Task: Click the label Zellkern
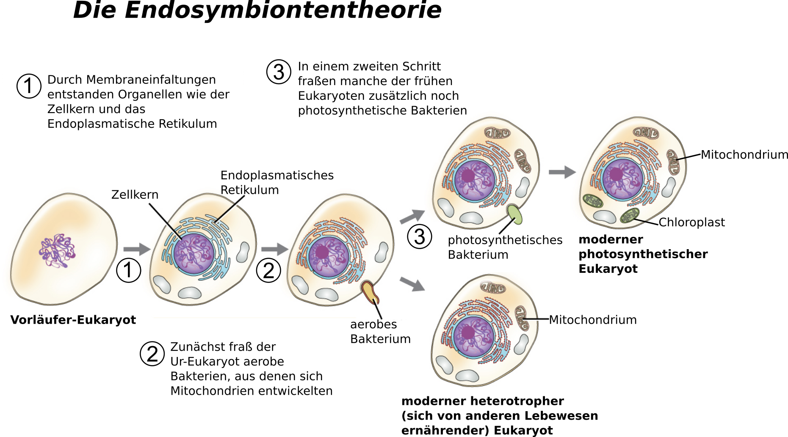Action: (135, 195)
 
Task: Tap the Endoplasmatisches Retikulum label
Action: (277, 182)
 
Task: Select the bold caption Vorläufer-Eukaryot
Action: (73, 320)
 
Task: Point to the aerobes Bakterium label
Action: (380, 331)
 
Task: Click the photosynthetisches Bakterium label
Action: (505, 247)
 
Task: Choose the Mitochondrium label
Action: (592, 320)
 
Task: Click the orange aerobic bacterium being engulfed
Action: (370, 292)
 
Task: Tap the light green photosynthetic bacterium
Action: (514, 214)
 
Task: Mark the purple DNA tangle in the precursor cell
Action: (57, 251)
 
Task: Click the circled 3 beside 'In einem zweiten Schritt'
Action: (279, 72)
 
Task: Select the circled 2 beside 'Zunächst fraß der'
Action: (152, 354)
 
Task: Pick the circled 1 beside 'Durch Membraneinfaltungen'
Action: (29, 86)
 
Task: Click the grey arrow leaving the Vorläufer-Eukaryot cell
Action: (136, 249)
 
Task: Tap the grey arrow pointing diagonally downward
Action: (412, 284)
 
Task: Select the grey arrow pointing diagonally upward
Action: (412, 217)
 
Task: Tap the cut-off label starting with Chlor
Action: (674, 222)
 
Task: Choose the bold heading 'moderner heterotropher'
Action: (482, 401)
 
